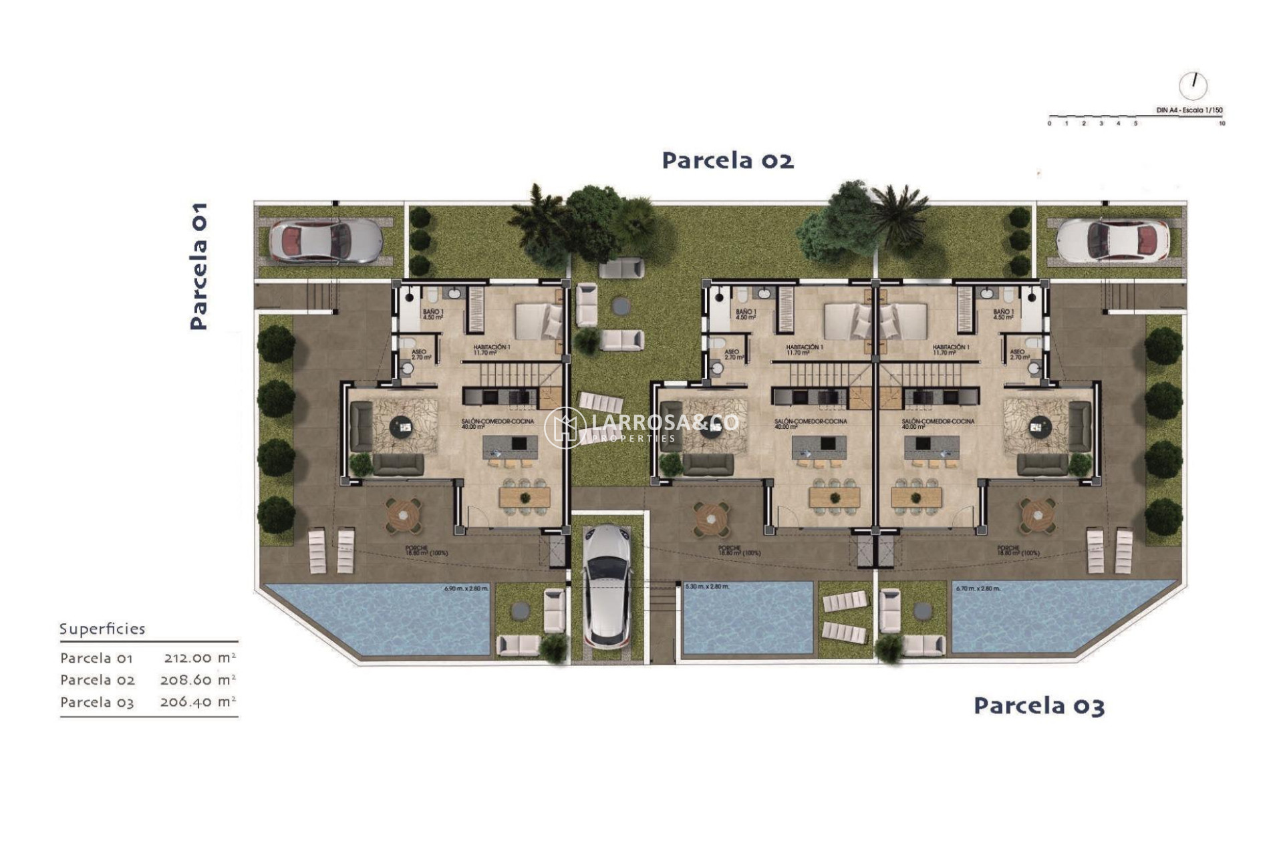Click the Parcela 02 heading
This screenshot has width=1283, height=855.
(728, 160)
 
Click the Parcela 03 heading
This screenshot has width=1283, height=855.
(1038, 705)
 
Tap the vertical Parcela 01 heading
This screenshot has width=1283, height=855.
(198, 266)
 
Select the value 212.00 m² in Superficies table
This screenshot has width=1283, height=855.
(200, 657)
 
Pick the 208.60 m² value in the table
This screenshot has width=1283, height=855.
(198, 679)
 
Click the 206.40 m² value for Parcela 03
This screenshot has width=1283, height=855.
(198, 701)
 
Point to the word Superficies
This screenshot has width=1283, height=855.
(102, 629)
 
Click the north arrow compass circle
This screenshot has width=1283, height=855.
(1193, 85)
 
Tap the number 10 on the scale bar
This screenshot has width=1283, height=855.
(1222, 124)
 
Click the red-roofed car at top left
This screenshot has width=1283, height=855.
(325, 241)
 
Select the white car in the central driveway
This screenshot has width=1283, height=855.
(607, 586)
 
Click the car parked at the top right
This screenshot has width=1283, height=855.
(1113, 241)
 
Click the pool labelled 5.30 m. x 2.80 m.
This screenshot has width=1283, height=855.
(747, 618)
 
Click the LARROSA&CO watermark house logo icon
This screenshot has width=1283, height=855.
(565, 427)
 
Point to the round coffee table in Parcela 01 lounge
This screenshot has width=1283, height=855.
(402, 426)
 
